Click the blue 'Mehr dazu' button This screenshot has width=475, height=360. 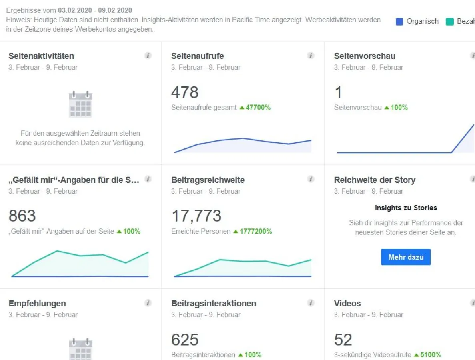point(405,257)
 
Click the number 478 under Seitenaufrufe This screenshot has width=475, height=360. point(184,92)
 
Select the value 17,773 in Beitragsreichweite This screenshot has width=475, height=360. point(196,216)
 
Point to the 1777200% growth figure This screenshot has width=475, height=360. point(255,231)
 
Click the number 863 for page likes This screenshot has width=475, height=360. point(22,216)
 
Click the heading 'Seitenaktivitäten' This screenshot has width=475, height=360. point(41,56)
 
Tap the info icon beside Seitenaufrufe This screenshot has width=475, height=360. point(311,56)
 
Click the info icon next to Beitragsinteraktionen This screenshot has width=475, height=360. point(311,303)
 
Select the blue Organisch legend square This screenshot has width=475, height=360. point(399,22)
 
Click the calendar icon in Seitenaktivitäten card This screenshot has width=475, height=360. point(80,104)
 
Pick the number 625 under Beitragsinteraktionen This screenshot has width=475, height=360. point(184,340)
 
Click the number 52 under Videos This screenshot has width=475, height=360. point(343,340)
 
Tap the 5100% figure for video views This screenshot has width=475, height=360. point(430,354)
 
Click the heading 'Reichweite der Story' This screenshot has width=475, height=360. point(375,180)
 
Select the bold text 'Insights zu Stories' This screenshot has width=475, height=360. point(405,208)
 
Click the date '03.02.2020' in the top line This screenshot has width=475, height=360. point(75,10)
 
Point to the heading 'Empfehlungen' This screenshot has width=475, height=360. point(37,303)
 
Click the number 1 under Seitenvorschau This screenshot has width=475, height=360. point(338,92)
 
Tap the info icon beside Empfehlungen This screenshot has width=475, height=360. point(148,303)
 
